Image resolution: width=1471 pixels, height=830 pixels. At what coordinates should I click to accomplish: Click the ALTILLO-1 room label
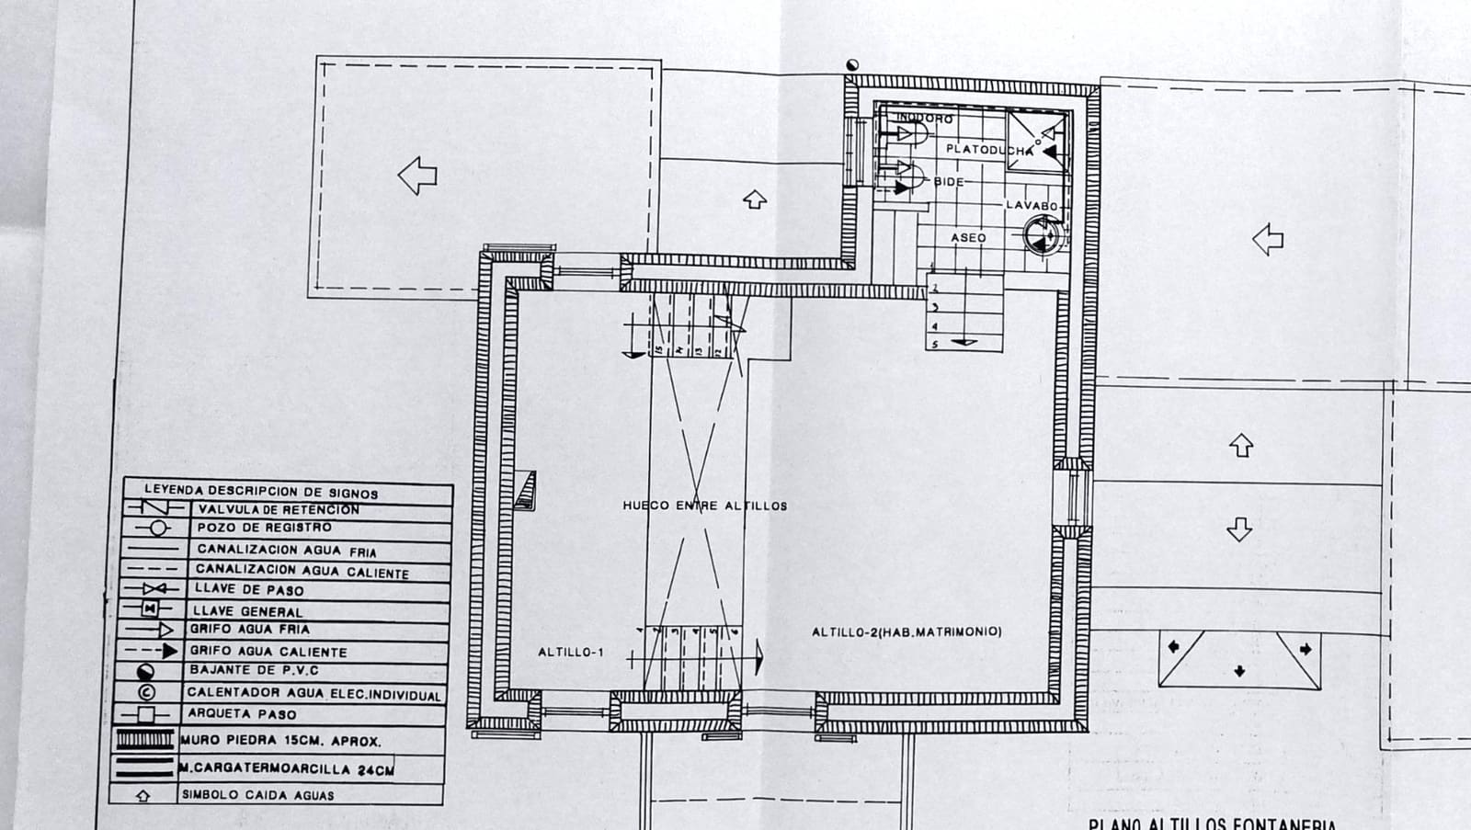[570, 653]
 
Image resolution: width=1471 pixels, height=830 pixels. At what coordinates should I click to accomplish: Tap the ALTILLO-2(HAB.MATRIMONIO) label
[906, 632]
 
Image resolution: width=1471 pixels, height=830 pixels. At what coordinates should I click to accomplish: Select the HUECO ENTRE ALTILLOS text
[704, 506]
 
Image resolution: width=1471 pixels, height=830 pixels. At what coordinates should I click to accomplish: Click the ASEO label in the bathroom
[968, 238]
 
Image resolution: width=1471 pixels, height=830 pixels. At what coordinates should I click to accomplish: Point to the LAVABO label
[1032, 206]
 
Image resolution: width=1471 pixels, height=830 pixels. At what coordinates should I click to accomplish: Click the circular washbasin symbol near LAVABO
[1041, 236]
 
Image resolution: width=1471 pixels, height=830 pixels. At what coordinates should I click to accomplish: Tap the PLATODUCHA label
[988, 149]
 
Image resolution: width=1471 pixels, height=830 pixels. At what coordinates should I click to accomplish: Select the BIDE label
[949, 182]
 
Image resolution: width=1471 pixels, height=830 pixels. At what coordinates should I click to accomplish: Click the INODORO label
[925, 119]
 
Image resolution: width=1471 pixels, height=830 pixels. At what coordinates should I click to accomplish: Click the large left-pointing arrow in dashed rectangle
[417, 175]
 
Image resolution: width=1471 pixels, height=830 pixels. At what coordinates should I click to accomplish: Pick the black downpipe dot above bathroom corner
[852, 64]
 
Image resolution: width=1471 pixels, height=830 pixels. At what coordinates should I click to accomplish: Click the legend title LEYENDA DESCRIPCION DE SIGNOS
[260, 492]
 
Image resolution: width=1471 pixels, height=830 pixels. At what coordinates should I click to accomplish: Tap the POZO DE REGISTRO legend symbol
[158, 528]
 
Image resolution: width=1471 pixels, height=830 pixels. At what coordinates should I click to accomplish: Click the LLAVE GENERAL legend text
[247, 611]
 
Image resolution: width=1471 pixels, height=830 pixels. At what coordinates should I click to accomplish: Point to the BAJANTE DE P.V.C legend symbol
[145, 672]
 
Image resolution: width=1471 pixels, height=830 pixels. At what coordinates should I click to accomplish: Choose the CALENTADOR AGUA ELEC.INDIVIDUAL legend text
[314, 694]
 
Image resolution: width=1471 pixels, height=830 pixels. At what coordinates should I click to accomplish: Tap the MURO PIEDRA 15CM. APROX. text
[280, 741]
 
